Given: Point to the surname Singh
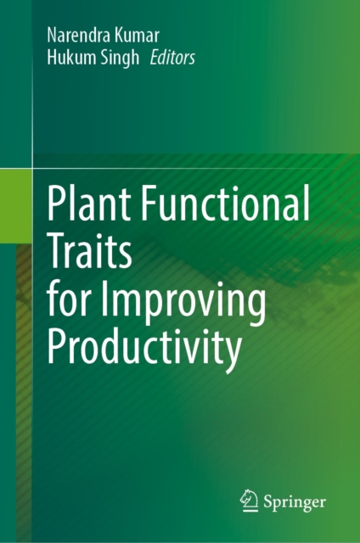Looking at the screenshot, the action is coord(120,59).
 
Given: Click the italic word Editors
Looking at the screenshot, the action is coord(172,58).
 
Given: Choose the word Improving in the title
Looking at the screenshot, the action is coord(183,301).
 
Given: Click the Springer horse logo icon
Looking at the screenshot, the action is coord(249,501).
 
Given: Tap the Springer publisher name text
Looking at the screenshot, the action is coord(295,502).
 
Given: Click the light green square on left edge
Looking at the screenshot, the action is coord(16,206).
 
